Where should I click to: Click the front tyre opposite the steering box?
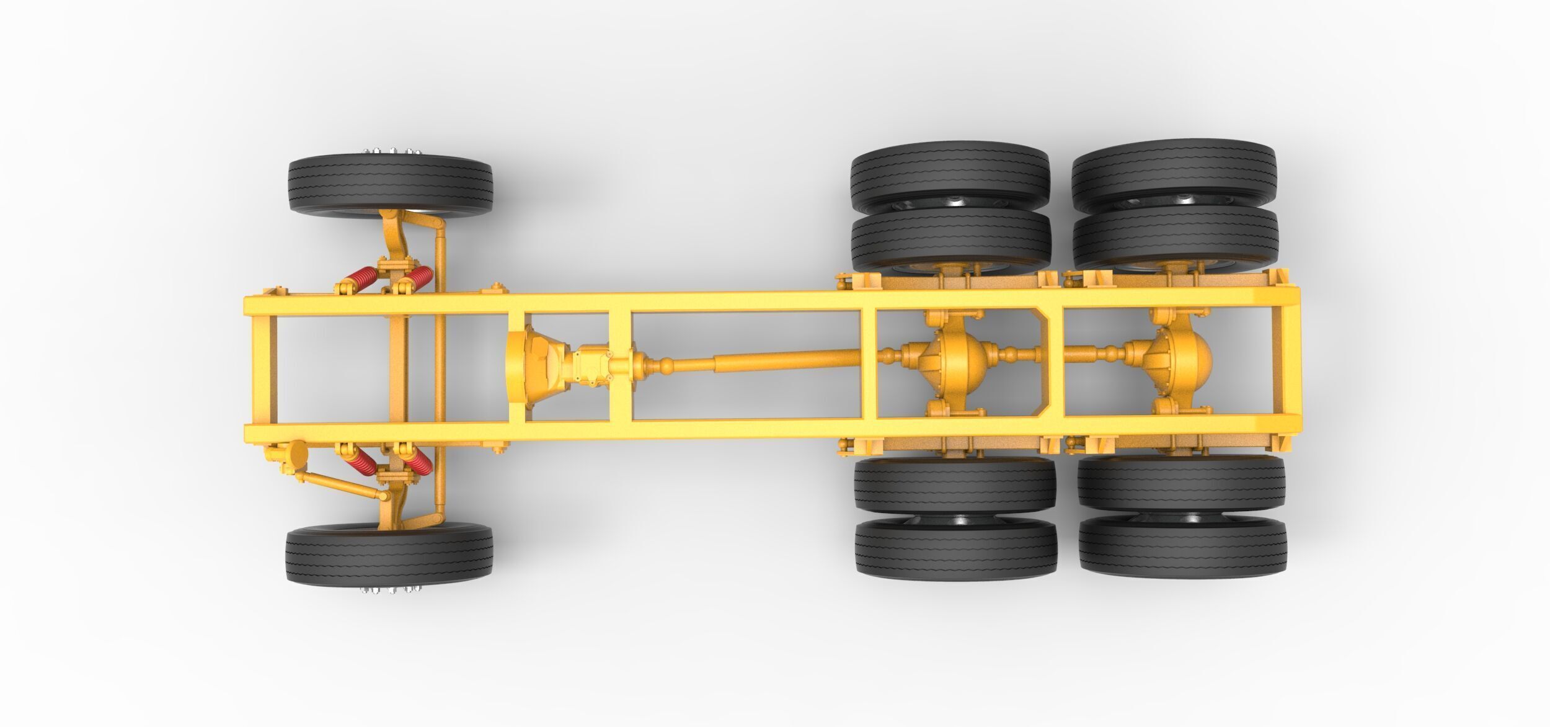[x=389, y=186]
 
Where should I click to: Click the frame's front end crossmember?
[x=260, y=366]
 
